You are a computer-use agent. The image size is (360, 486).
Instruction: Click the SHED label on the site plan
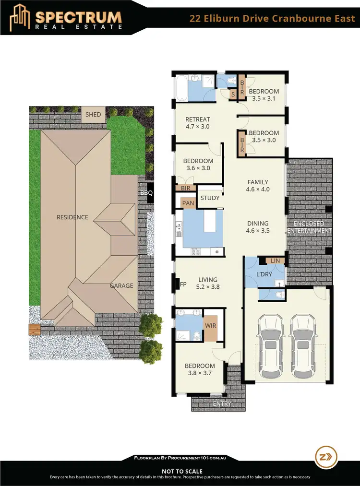[x=94, y=115]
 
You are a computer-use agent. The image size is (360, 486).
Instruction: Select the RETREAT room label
[x=198, y=119]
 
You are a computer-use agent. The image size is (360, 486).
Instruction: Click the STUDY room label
[x=210, y=198]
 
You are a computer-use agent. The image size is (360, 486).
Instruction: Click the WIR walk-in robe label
[x=210, y=326]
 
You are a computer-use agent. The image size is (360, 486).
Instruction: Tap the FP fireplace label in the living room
[x=183, y=284]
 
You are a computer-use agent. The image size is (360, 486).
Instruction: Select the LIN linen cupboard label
[x=275, y=261]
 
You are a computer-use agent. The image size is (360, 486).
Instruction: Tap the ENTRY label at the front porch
[x=222, y=404]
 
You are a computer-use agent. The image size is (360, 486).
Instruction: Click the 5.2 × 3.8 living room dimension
[x=207, y=287]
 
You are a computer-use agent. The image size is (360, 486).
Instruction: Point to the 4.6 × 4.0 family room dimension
[x=258, y=190]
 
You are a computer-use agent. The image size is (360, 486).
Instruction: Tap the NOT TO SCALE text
[x=182, y=472]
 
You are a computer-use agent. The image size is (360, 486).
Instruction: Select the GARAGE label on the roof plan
[x=121, y=285]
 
